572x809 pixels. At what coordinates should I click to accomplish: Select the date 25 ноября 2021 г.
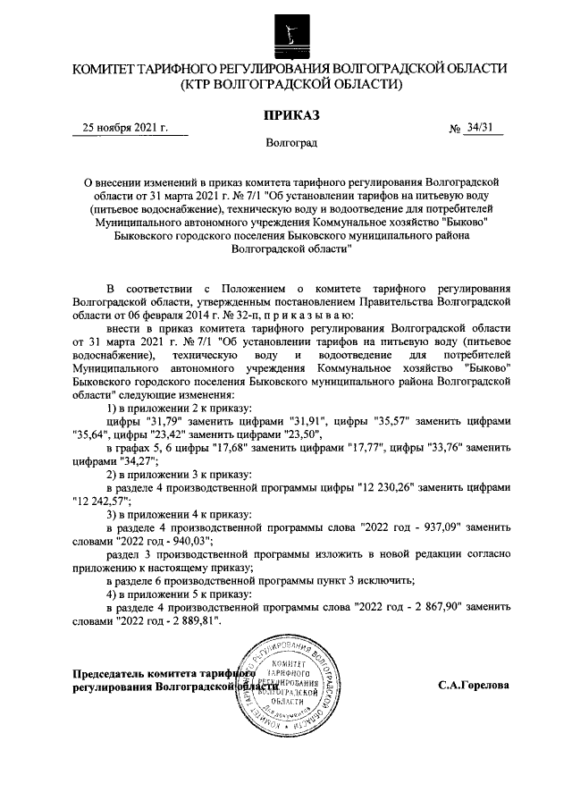tap(124, 128)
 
